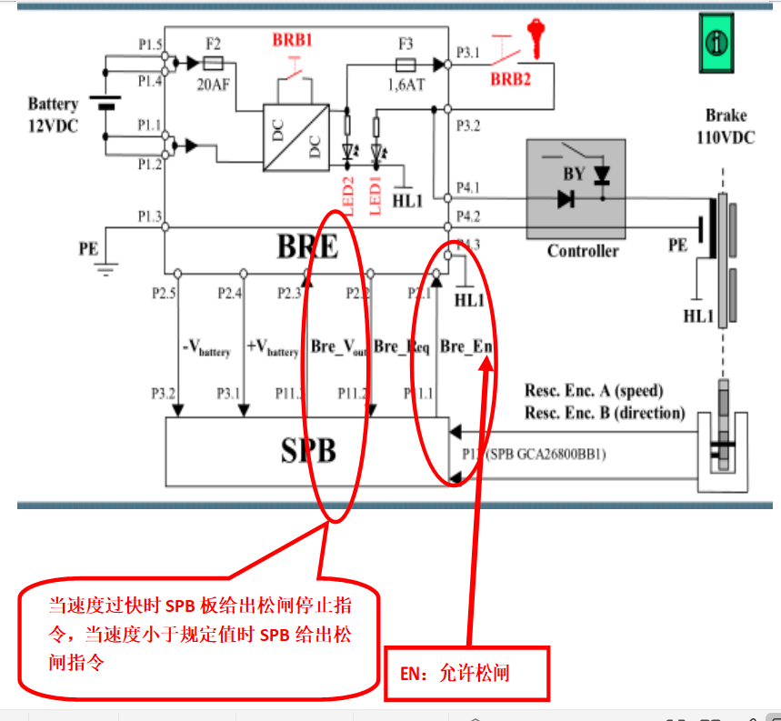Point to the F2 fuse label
pyautogui.click(x=214, y=43)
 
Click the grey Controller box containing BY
pyautogui.click(x=576, y=189)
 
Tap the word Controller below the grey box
pyautogui.click(x=583, y=251)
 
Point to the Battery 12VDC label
pyautogui.click(x=53, y=115)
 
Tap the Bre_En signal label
pyautogui.click(x=466, y=346)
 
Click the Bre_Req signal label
pyautogui.click(x=401, y=346)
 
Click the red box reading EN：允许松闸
pyautogui.click(x=466, y=674)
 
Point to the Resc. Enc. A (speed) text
pyautogui.click(x=594, y=391)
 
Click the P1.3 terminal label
pyautogui.click(x=150, y=216)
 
